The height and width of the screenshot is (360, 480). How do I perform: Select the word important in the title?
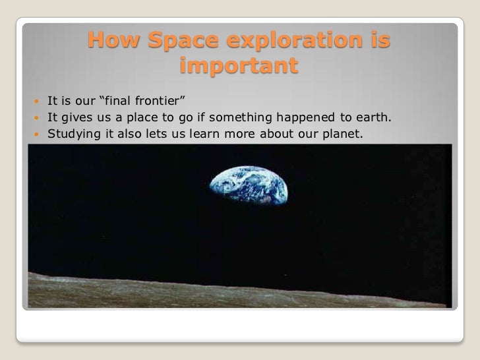(x=239, y=67)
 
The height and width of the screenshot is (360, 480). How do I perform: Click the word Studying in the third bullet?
(x=71, y=135)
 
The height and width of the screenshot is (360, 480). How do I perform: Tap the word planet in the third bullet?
(x=342, y=135)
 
